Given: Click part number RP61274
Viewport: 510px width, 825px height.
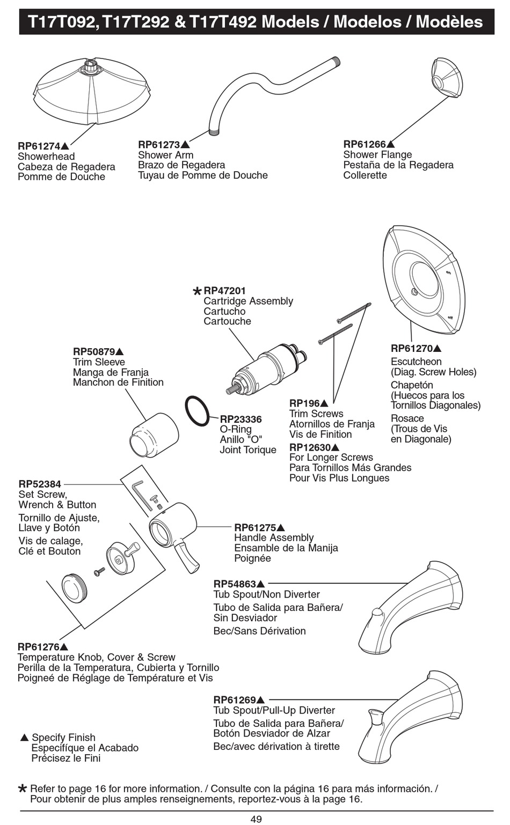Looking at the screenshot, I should (x=39, y=146).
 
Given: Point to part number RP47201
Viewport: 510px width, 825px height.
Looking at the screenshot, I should (x=224, y=291).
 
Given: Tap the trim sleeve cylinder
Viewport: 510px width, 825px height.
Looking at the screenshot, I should (x=155, y=434).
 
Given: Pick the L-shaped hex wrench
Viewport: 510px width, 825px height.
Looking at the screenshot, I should (x=140, y=493).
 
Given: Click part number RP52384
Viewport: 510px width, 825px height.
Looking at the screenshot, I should (x=40, y=484).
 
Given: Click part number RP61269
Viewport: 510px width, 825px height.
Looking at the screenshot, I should (x=235, y=699).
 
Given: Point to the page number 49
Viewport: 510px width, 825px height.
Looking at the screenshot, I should (x=256, y=819).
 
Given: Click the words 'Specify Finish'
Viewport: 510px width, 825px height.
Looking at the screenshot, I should (x=63, y=738).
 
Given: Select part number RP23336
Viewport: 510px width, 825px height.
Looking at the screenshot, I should (x=241, y=419).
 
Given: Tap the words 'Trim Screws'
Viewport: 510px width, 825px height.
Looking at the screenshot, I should (x=316, y=414).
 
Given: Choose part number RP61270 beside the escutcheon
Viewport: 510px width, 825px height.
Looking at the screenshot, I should (x=412, y=348).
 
